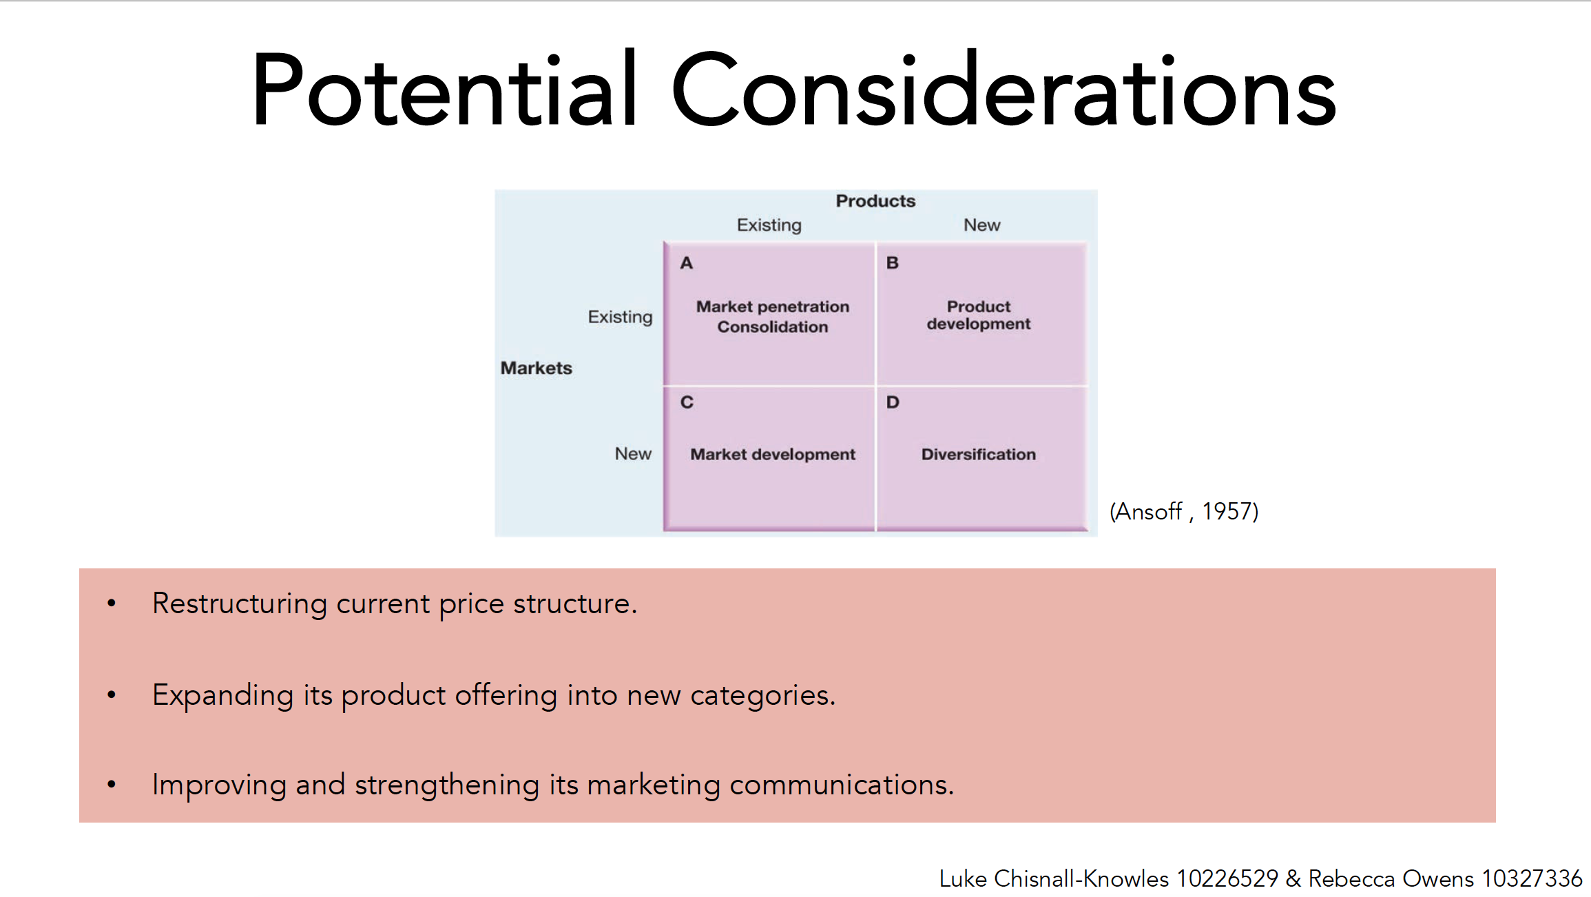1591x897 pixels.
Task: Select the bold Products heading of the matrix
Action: click(x=875, y=201)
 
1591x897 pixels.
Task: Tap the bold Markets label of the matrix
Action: click(x=536, y=368)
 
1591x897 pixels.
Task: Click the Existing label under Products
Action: click(x=769, y=225)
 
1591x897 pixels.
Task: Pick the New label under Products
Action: click(x=981, y=225)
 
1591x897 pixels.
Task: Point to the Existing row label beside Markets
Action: click(x=620, y=317)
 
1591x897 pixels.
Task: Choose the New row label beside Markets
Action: click(x=633, y=454)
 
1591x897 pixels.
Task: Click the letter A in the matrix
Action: click(x=686, y=263)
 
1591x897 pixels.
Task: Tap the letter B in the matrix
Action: click(x=892, y=263)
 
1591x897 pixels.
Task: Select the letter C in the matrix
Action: click(x=687, y=402)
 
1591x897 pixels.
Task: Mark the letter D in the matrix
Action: click(x=893, y=402)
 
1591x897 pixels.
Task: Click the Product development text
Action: click(x=979, y=316)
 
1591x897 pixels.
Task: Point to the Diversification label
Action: click(x=979, y=455)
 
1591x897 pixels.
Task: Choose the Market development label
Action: click(x=773, y=455)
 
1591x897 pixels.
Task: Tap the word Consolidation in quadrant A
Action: click(x=773, y=327)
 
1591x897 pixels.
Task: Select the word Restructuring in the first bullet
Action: click(x=240, y=604)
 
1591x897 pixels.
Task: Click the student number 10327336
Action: click(x=1532, y=879)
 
